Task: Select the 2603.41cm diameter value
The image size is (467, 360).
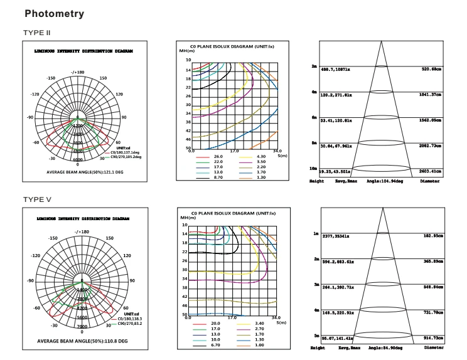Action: coord(431,170)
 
